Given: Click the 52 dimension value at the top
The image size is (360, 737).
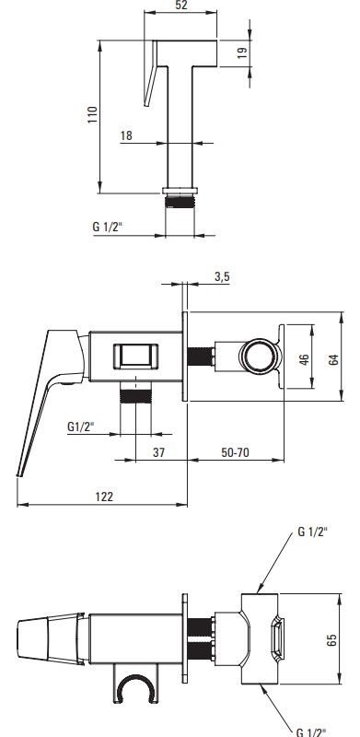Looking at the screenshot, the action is click(x=181, y=6).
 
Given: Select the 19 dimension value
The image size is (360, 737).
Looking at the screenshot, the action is click(x=242, y=53).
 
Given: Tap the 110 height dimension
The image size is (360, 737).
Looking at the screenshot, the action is click(x=93, y=115).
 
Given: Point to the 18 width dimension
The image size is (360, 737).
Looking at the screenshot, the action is click(x=126, y=135).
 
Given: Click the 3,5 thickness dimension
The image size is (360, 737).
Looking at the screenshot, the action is click(x=222, y=277).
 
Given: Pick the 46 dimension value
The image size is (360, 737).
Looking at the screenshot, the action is click(x=305, y=359).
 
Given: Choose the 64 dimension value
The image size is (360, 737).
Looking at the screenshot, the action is click(x=333, y=360).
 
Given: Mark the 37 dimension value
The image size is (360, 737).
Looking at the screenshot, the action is click(x=159, y=452).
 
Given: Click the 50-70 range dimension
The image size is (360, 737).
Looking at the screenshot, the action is click(x=236, y=452).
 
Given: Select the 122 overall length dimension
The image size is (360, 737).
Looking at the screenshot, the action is click(x=104, y=497).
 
